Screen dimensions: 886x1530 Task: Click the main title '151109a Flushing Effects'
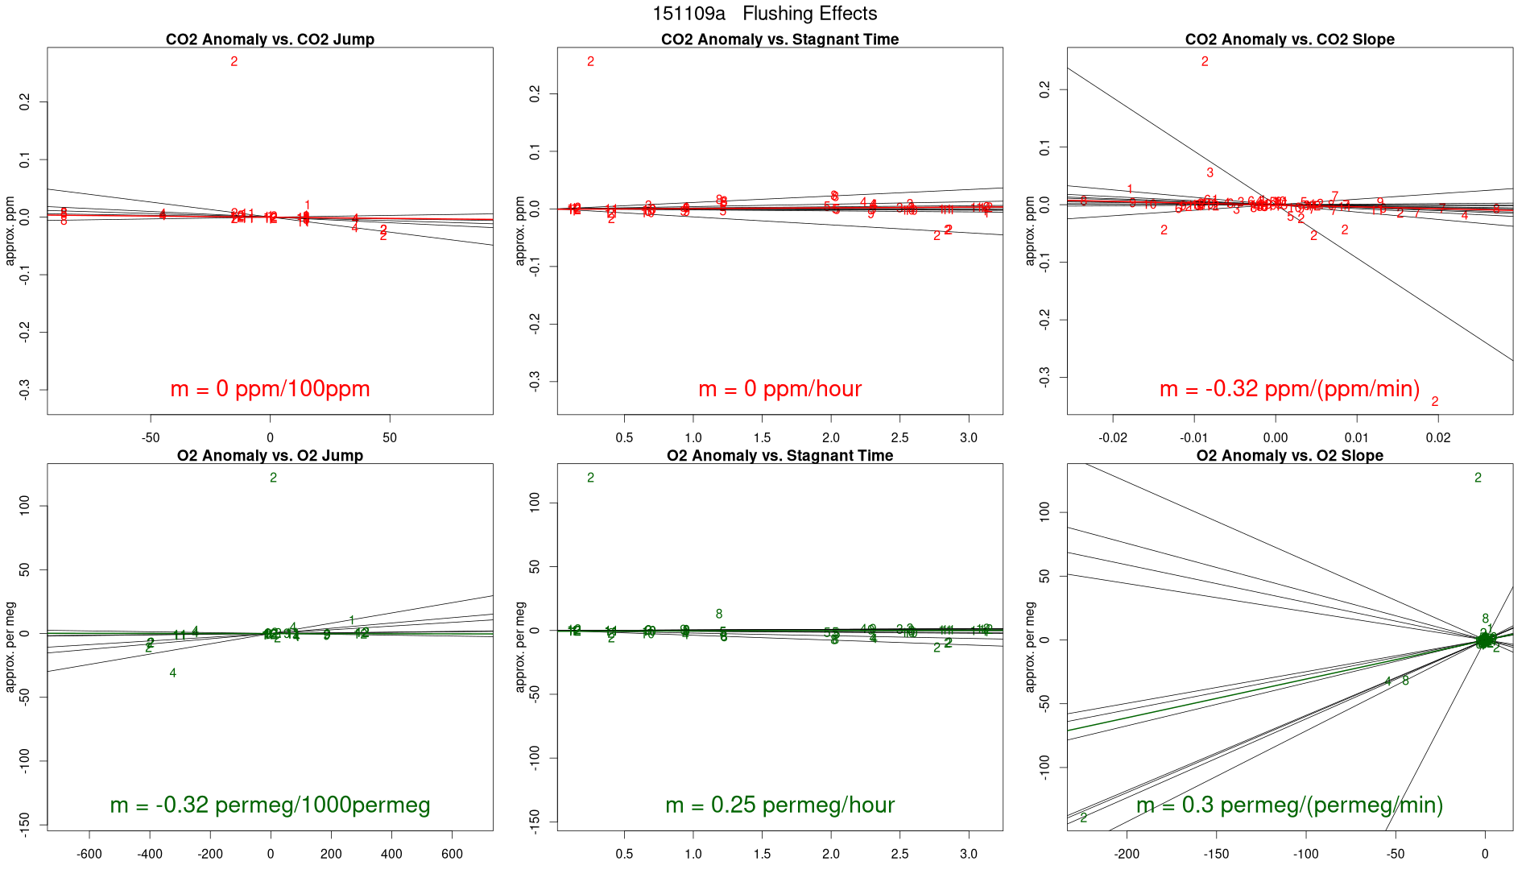click(x=764, y=14)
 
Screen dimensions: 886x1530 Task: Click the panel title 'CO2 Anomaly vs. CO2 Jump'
click(x=270, y=39)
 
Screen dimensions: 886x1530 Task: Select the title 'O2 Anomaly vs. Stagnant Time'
click(x=779, y=456)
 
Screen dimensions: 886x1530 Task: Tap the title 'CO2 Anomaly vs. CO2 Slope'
click(x=1289, y=39)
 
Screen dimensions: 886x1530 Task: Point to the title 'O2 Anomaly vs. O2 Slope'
click(x=1289, y=456)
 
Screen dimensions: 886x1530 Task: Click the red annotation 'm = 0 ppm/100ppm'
click(x=270, y=389)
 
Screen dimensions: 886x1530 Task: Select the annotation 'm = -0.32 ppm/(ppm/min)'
click(x=1289, y=389)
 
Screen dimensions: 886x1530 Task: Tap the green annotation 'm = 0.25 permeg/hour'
click(x=779, y=805)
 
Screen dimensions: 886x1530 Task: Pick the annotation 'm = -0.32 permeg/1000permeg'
click(x=270, y=805)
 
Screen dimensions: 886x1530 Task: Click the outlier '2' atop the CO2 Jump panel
click(x=234, y=62)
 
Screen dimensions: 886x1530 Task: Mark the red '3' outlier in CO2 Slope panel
click(x=1210, y=173)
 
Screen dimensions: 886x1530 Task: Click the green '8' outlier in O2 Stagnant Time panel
click(x=719, y=615)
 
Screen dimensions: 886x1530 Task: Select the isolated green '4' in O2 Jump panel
click(x=172, y=673)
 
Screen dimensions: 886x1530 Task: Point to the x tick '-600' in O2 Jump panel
click(x=89, y=855)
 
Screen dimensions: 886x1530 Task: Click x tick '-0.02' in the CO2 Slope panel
click(x=1113, y=438)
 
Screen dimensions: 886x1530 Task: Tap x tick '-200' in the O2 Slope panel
click(x=1127, y=855)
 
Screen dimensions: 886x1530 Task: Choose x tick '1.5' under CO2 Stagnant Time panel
click(x=762, y=438)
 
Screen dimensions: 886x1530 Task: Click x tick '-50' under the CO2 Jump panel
click(x=151, y=438)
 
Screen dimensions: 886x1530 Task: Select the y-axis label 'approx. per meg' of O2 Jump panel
click(x=10, y=647)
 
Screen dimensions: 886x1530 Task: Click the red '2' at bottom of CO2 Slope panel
click(x=1434, y=402)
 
